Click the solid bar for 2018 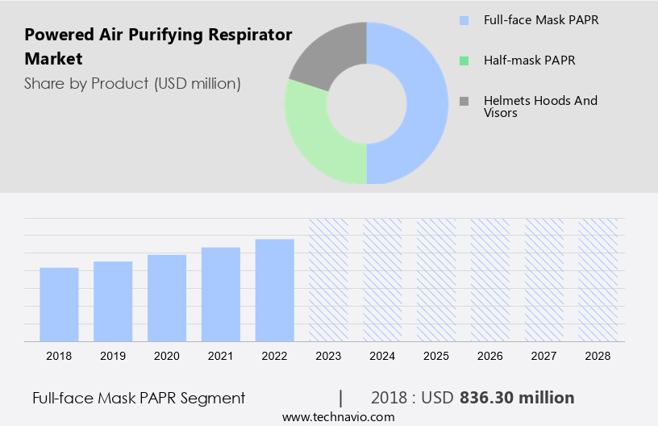(59, 304)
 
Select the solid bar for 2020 (167, 298)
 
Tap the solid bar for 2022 (275, 290)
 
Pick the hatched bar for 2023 (329, 279)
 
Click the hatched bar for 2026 (491, 279)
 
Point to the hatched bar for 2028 (598, 279)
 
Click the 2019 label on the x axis (113, 355)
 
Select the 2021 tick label (221, 355)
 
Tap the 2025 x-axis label (436, 355)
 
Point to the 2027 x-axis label (544, 355)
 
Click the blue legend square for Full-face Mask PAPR (464, 20)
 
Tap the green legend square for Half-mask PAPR (464, 61)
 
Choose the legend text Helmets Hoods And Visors (540, 106)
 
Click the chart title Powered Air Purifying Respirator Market (158, 47)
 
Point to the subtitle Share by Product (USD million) (132, 83)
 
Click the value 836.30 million (517, 398)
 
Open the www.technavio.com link (339, 417)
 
